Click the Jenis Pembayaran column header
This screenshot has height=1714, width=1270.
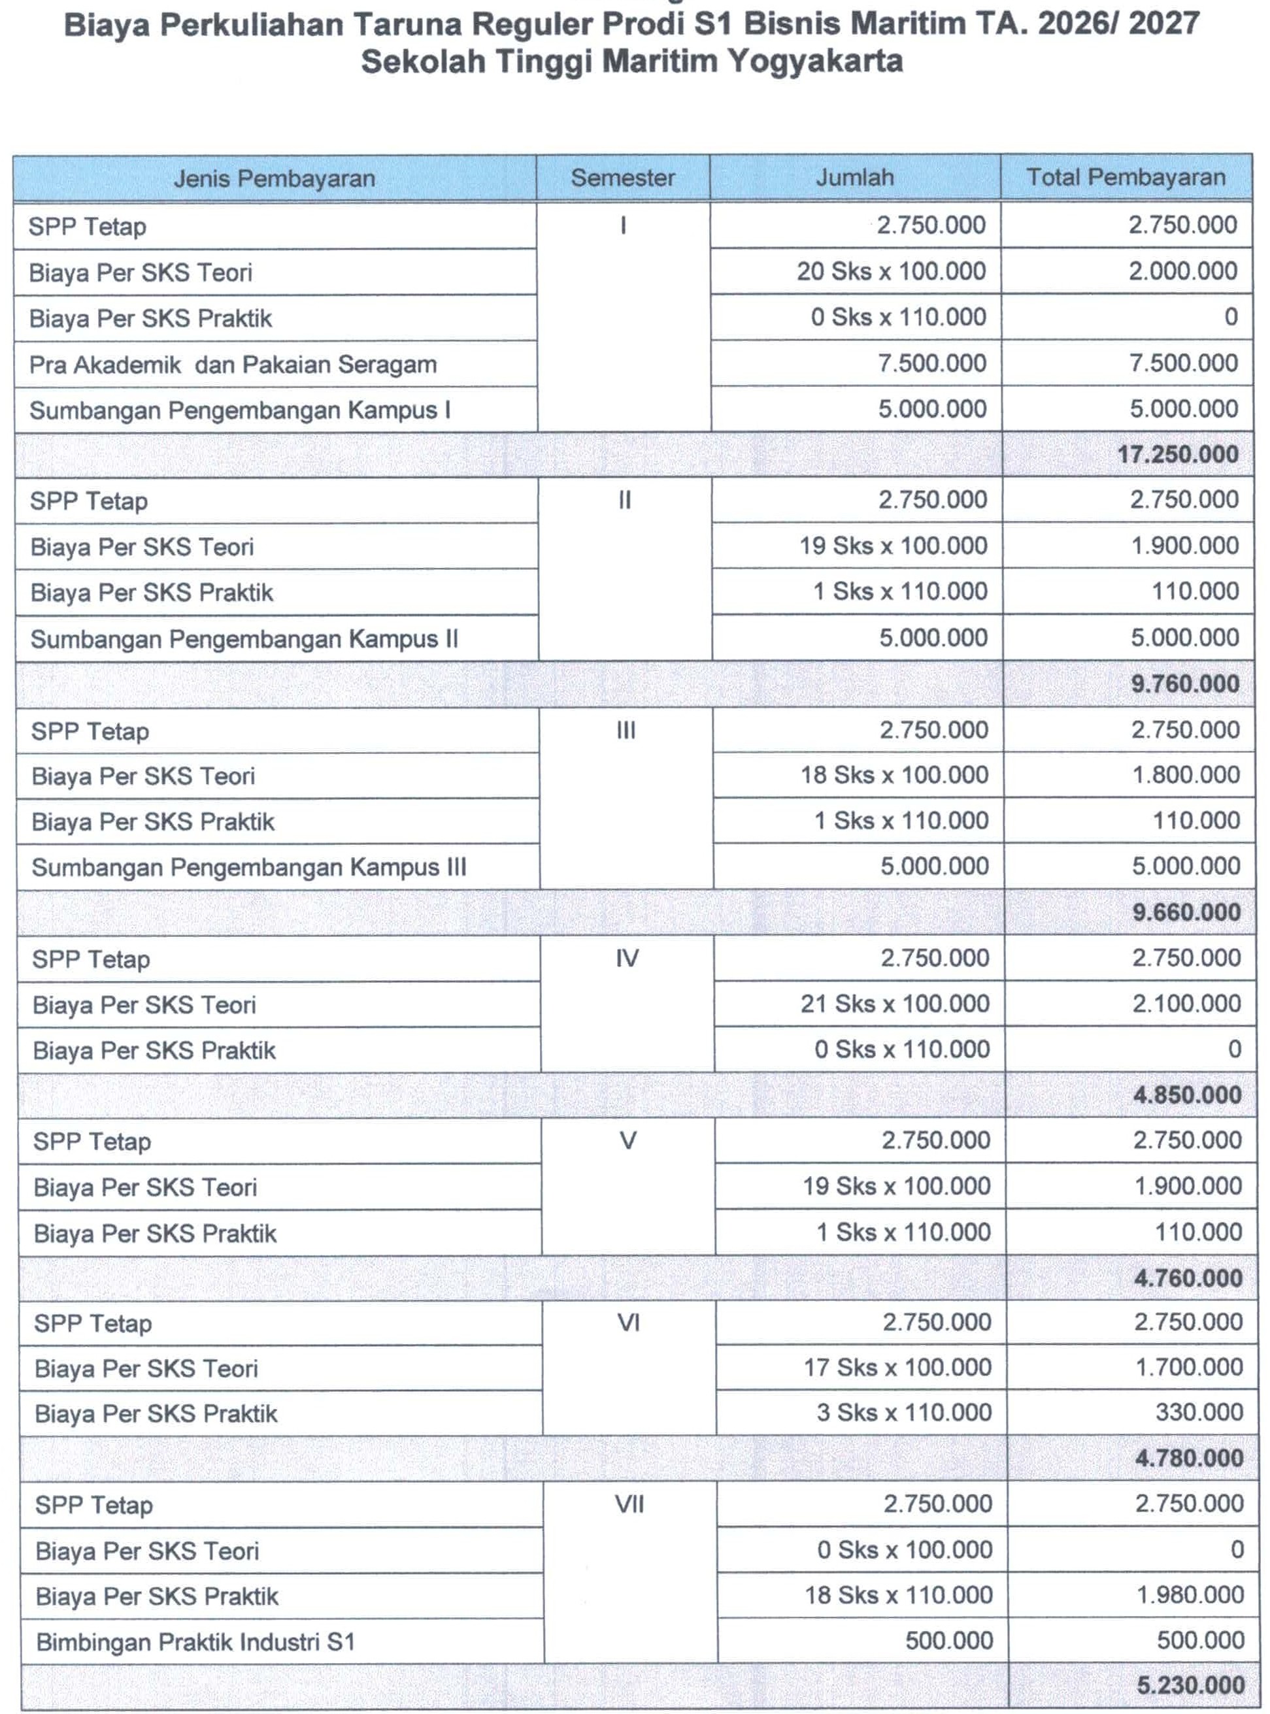(x=275, y=178)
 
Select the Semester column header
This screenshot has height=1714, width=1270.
(x=623, y=178)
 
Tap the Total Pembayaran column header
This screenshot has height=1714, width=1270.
(x=1126, y=177)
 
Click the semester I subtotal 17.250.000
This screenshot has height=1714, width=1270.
(x=1177, y=454)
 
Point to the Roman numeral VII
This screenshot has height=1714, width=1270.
(x=629, y=1504)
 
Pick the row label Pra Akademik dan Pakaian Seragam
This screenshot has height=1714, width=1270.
(x=233, y=365)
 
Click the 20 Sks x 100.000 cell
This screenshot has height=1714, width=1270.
(x=891, y=271)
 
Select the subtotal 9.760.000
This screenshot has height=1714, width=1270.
(x=1184, y=684)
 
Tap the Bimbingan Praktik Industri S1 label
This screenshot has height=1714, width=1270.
(x=195, y=1643)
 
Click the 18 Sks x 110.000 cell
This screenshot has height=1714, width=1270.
(x=899, y=1595)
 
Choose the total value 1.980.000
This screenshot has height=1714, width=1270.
(x=1190, y=1595)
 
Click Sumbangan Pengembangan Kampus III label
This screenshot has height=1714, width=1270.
(x=249, y=868)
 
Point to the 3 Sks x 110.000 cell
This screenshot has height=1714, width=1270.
(x=903, y=1413)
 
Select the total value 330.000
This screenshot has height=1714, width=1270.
(x=1199, y=1412)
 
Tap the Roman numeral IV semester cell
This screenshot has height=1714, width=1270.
(x=627, y=959)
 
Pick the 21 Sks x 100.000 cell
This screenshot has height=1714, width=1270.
(x=895, y=1004)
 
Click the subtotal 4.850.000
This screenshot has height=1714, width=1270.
(x=1187, y=1095)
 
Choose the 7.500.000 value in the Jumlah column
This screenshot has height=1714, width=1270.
(x=931, y=363)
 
